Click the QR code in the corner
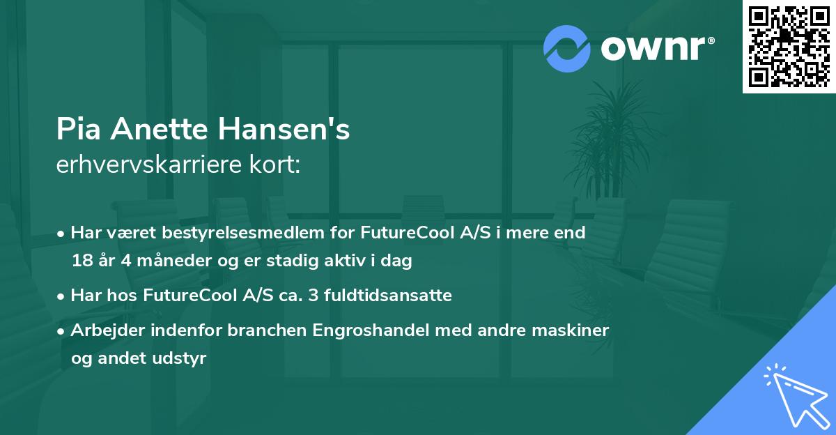coord(789,47)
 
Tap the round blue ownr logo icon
coord(566,48)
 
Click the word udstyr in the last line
coord(183,358)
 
